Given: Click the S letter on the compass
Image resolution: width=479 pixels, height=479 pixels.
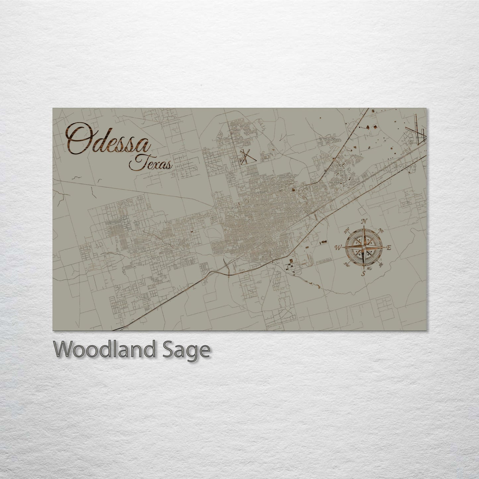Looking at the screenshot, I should coord(363,273).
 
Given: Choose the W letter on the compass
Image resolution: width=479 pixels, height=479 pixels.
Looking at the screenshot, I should coord(338,247).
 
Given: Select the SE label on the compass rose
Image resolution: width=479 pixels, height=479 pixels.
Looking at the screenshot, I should coord(381,264).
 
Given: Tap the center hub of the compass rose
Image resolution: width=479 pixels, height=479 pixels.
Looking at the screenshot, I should coord(364,247).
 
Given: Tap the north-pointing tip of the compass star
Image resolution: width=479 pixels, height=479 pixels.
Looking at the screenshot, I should coord(364,227).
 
